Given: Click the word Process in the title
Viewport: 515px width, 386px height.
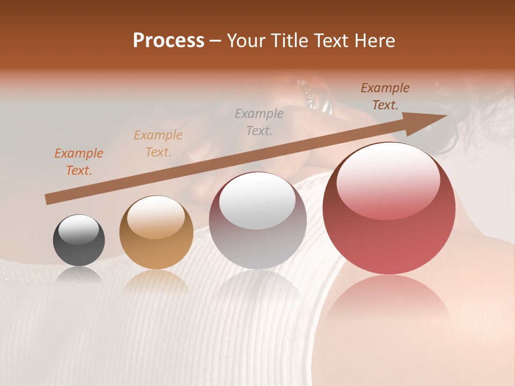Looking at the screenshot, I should click(168, 41).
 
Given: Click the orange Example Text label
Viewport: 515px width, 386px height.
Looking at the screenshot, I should click(78, 162).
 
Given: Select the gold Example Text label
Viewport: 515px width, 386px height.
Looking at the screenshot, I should click(158, 144).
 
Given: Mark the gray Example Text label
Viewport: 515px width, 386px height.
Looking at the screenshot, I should click(259, 122).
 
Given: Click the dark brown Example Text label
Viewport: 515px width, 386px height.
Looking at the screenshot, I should click(385, 96).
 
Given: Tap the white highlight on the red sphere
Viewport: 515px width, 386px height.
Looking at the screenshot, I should click(388, 179).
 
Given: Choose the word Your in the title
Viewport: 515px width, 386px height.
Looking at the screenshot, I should click(247, 41).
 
